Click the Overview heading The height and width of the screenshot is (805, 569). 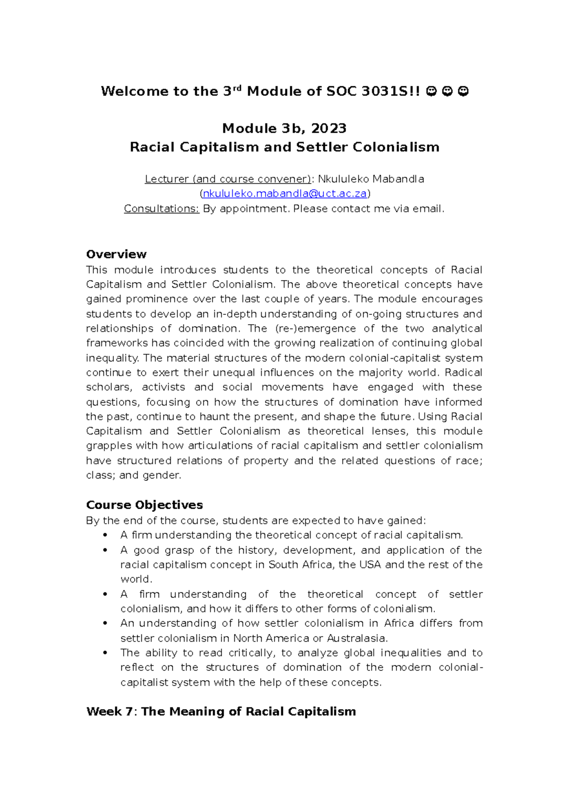pos(116,254)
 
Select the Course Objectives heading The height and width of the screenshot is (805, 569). pos(144,505)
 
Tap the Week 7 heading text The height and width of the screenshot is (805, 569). pos(221,712)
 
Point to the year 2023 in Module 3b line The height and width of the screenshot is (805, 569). pos(329,128)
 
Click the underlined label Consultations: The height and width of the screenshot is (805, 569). pos(161,209)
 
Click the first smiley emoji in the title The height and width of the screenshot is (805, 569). pos(431,91)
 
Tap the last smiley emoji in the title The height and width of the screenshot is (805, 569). pos(464,91)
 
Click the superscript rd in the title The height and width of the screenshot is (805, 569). pos(238,88)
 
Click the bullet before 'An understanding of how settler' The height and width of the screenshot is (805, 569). pos(105,623)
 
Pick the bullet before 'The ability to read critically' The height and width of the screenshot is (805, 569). pos(105,653)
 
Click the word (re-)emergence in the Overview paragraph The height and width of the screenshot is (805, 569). pos(315,329)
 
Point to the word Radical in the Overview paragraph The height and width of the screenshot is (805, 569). pos(463,373)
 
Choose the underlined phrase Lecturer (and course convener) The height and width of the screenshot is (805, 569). pos(228,179)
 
